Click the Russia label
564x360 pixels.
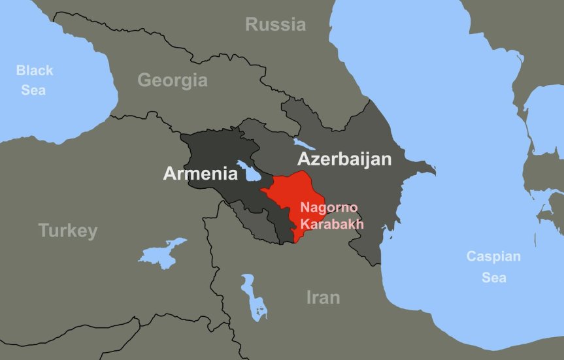click(x=275, y=25)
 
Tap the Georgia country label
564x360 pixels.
click(x=172, y=81)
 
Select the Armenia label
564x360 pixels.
click(x=200, y=174)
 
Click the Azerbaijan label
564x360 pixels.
click(x=344, y=159)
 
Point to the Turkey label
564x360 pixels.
click(x=68, y=231)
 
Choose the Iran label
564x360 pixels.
click(x=323, y=298)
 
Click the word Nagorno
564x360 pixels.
click(x=329, y=208)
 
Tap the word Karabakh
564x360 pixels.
click(x=331, y=224)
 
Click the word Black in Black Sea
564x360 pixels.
click(x=35, y=71)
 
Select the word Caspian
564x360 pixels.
click(x=493, y=257)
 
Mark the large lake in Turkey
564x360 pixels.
click(x=160, y=252)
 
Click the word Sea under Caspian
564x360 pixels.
click(x=493, y=278)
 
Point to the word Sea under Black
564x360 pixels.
click(x=33, y=90)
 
